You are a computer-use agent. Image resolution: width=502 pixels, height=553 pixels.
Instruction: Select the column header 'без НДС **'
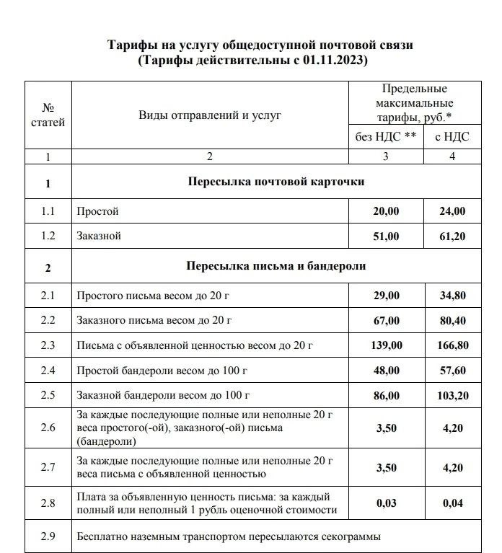coord(386,136)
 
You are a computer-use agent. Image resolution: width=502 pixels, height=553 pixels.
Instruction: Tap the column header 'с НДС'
coord(452,136)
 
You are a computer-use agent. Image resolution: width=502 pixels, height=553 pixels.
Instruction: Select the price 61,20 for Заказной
coord(452,236)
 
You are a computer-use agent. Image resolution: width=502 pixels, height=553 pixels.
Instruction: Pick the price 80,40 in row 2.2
coord(452,321)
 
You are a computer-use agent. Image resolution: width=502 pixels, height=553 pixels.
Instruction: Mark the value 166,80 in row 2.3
coord(452,346)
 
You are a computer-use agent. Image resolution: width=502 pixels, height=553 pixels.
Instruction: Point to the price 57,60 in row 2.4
coord(452,371)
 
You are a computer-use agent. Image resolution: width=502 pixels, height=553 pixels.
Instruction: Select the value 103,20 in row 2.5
coord(452,397)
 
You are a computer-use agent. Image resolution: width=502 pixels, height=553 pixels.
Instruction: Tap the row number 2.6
coord(48,428)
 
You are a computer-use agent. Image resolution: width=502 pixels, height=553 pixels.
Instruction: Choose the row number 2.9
coord(48,536)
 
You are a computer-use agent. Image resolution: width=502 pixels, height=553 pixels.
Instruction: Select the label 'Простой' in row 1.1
coord(97,211)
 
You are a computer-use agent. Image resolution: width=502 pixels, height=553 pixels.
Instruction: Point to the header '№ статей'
coord(48,115)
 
